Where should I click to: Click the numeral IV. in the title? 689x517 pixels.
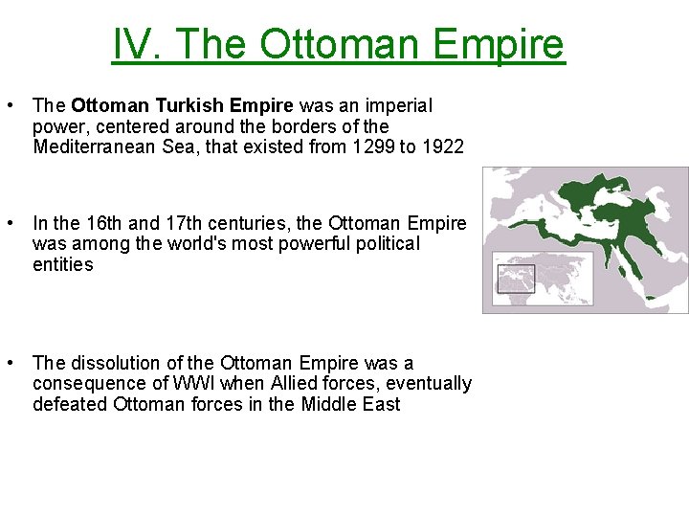(141, 44)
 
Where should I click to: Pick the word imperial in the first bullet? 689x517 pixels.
(397, 105)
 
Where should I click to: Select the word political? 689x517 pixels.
(387, 244)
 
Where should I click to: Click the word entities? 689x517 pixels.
(62, 264)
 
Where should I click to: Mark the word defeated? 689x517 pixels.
(70, 404)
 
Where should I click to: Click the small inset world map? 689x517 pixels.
(517, 279)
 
